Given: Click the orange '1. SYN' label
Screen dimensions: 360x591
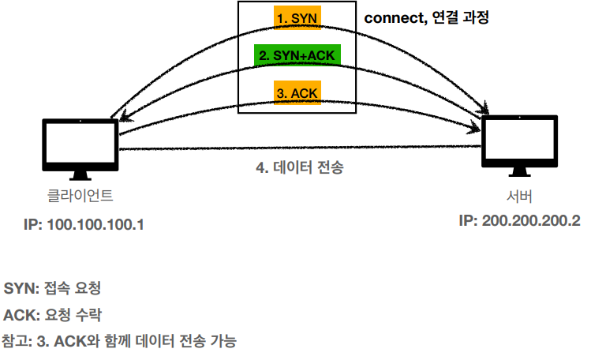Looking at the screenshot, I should click(297, 17).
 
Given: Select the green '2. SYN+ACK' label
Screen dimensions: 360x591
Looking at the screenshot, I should click(297, 56).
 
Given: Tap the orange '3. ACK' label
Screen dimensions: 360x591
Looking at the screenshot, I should click(297, 92).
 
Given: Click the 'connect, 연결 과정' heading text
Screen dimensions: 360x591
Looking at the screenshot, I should click(427, 17).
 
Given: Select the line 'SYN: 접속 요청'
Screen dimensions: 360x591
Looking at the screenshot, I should click(52, 287).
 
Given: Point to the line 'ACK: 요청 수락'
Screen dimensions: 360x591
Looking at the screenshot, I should click(52, 315).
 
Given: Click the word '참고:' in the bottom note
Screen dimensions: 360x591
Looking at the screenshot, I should click(17, 342).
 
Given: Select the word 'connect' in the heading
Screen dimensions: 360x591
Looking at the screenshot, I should click(393, 17).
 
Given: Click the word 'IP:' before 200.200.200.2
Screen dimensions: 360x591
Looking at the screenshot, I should click(469, 220).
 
